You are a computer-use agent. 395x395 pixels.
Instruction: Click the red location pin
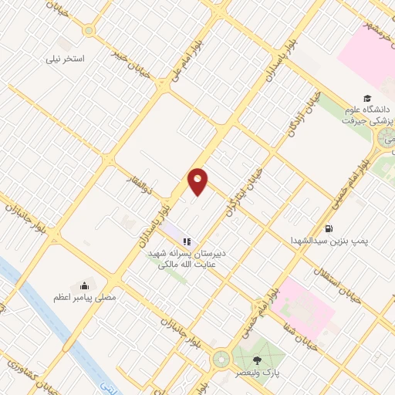(198, 181)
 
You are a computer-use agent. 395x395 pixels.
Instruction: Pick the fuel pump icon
(329, 228)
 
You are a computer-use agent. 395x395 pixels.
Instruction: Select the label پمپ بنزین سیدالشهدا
(330, 241)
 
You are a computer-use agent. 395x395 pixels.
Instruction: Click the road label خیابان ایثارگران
(241, 194)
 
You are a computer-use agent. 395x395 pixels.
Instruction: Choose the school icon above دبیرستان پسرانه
(186, 241)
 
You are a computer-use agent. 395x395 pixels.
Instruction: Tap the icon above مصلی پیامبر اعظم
(85, 282)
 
